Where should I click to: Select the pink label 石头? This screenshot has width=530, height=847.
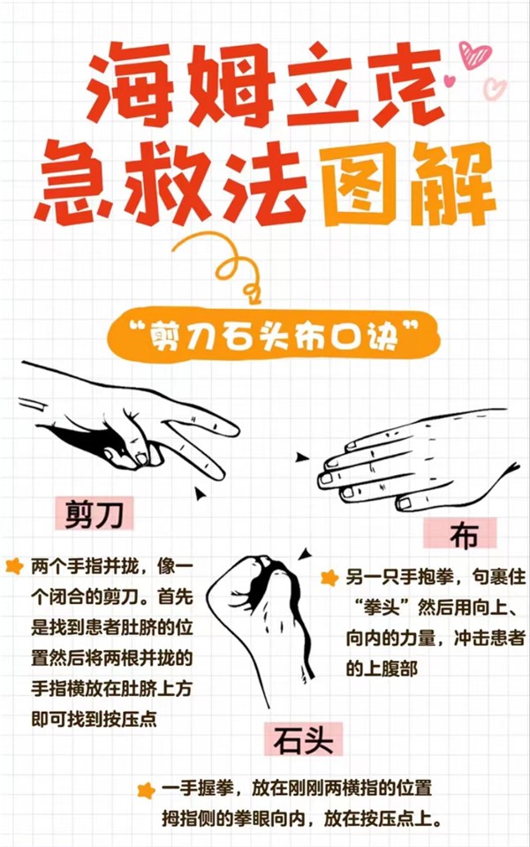click(303, 739)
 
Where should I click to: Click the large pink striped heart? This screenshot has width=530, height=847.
click(475, 55)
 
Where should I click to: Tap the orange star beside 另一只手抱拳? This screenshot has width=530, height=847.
click(329, 578)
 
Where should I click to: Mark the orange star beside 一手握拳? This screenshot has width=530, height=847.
click(146, 790)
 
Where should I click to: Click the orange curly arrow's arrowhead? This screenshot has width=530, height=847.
click(252, 294)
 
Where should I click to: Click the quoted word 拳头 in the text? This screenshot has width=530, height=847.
click(381, 608)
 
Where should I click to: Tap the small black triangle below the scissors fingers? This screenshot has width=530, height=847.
click(201, 493)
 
